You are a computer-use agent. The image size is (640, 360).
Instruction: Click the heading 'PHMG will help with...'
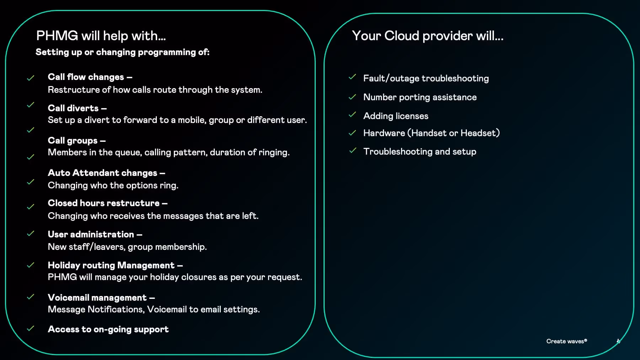tap(101, 36)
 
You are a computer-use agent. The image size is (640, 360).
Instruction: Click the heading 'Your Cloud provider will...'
tap(427, 36)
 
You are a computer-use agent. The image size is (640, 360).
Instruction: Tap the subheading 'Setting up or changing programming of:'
tap(122, 52)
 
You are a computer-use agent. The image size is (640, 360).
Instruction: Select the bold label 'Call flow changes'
tap(86, 77)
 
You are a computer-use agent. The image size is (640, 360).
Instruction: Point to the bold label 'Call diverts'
tap(73, 108)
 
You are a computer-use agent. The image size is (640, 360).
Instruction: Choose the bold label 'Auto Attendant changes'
tap(102, 173)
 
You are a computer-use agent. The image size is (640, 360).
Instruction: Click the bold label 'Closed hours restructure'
tap(103, 203)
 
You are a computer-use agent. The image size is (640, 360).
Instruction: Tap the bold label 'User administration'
tap(91, 235)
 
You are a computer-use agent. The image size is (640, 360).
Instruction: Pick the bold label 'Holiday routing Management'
tap(111, 265)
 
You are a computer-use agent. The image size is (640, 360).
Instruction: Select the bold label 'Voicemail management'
tap(97, 298)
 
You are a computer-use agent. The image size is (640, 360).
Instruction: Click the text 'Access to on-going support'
tap(108, 329)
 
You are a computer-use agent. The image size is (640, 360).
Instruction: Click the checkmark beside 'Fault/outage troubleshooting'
tap(352, 77)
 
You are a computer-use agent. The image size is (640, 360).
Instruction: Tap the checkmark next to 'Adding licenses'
tap(352, 115)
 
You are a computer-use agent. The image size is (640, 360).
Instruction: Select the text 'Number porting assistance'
tap(420, 97)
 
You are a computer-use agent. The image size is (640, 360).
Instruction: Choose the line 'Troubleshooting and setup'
tap(420, 152)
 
